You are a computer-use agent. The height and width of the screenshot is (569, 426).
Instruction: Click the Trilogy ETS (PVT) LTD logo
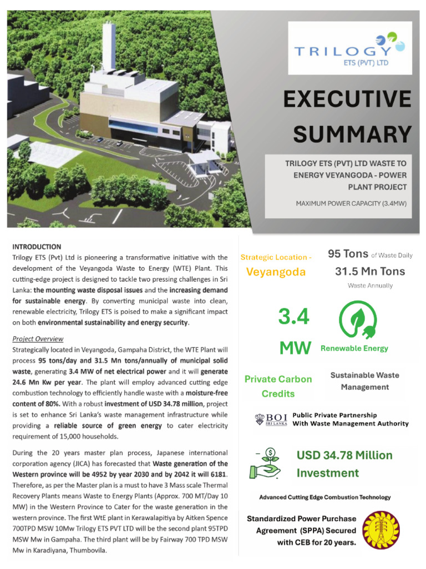click(349, 48)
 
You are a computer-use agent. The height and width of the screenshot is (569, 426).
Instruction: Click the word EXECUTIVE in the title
click(347, 100)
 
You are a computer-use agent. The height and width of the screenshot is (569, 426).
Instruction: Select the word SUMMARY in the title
click(352, 134)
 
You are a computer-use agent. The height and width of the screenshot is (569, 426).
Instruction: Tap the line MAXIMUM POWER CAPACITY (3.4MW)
click(351, 203)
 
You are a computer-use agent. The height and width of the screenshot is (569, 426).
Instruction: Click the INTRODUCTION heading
click(37, 247)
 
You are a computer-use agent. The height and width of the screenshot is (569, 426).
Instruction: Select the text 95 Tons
click(348, 254)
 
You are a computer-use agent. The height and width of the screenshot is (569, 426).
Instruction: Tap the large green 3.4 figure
click(293, 318)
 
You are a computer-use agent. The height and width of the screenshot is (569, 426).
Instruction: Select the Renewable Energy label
click(354, 348)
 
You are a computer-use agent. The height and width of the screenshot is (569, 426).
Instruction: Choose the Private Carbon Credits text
click(278, 386)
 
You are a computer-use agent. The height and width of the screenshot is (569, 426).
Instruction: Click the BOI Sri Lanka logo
click(270, 420)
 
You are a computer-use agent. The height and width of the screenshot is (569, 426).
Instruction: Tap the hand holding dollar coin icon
click(268, 464)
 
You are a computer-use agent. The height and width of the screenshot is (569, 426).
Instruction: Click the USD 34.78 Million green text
click(344, 456)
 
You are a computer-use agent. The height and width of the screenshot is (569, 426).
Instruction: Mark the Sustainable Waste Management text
click(364, 381)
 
